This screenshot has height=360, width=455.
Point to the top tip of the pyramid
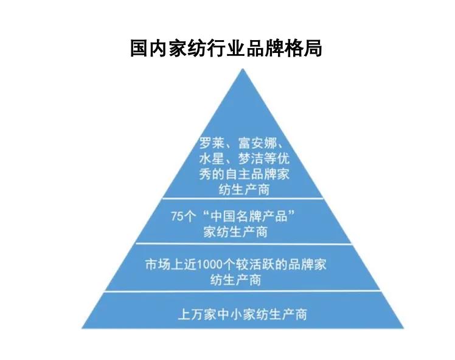pyautogui.click(x=243, y=70)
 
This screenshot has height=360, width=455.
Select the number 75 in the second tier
pyautogui.click(x=177, y=216)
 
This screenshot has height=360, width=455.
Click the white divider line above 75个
pyautogui.click(x=243, y=199)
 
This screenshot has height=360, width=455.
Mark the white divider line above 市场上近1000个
pyautogui.click(x=243, y=244)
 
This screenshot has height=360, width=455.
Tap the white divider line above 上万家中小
pyautogui.click(x=243, y=291)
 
